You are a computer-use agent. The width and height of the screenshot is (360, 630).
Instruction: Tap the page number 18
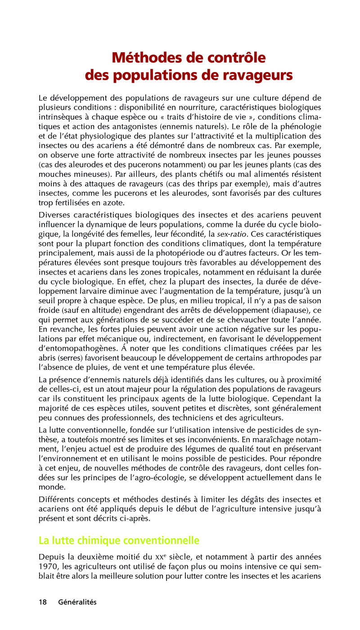43,602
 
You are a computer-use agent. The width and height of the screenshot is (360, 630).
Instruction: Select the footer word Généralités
77,602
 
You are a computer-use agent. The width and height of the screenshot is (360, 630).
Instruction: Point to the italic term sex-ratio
231,234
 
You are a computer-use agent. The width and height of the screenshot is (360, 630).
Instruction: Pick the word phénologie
298,127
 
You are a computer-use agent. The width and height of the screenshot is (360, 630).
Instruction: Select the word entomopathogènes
82,349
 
